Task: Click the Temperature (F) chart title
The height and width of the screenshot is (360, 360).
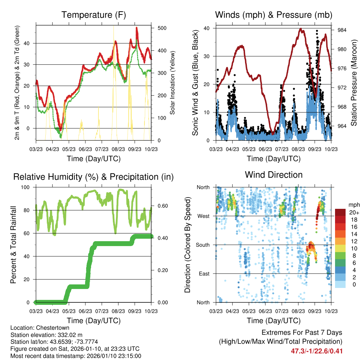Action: [94, 15]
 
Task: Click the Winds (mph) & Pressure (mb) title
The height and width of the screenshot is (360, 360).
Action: [274, 15]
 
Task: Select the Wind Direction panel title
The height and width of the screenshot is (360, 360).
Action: [274, 174]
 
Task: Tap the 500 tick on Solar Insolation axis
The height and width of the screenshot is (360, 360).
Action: [162, 28]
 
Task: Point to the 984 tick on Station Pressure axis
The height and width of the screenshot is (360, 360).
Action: [342, 30]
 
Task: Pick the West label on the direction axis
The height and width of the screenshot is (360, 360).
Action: [203, 216]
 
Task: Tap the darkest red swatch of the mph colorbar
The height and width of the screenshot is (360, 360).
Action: [340, 212]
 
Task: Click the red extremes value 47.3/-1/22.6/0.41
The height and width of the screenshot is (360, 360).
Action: [317, 351]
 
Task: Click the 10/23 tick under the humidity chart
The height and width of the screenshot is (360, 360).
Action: [151, 311]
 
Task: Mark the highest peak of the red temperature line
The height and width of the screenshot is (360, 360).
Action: [136, 28]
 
